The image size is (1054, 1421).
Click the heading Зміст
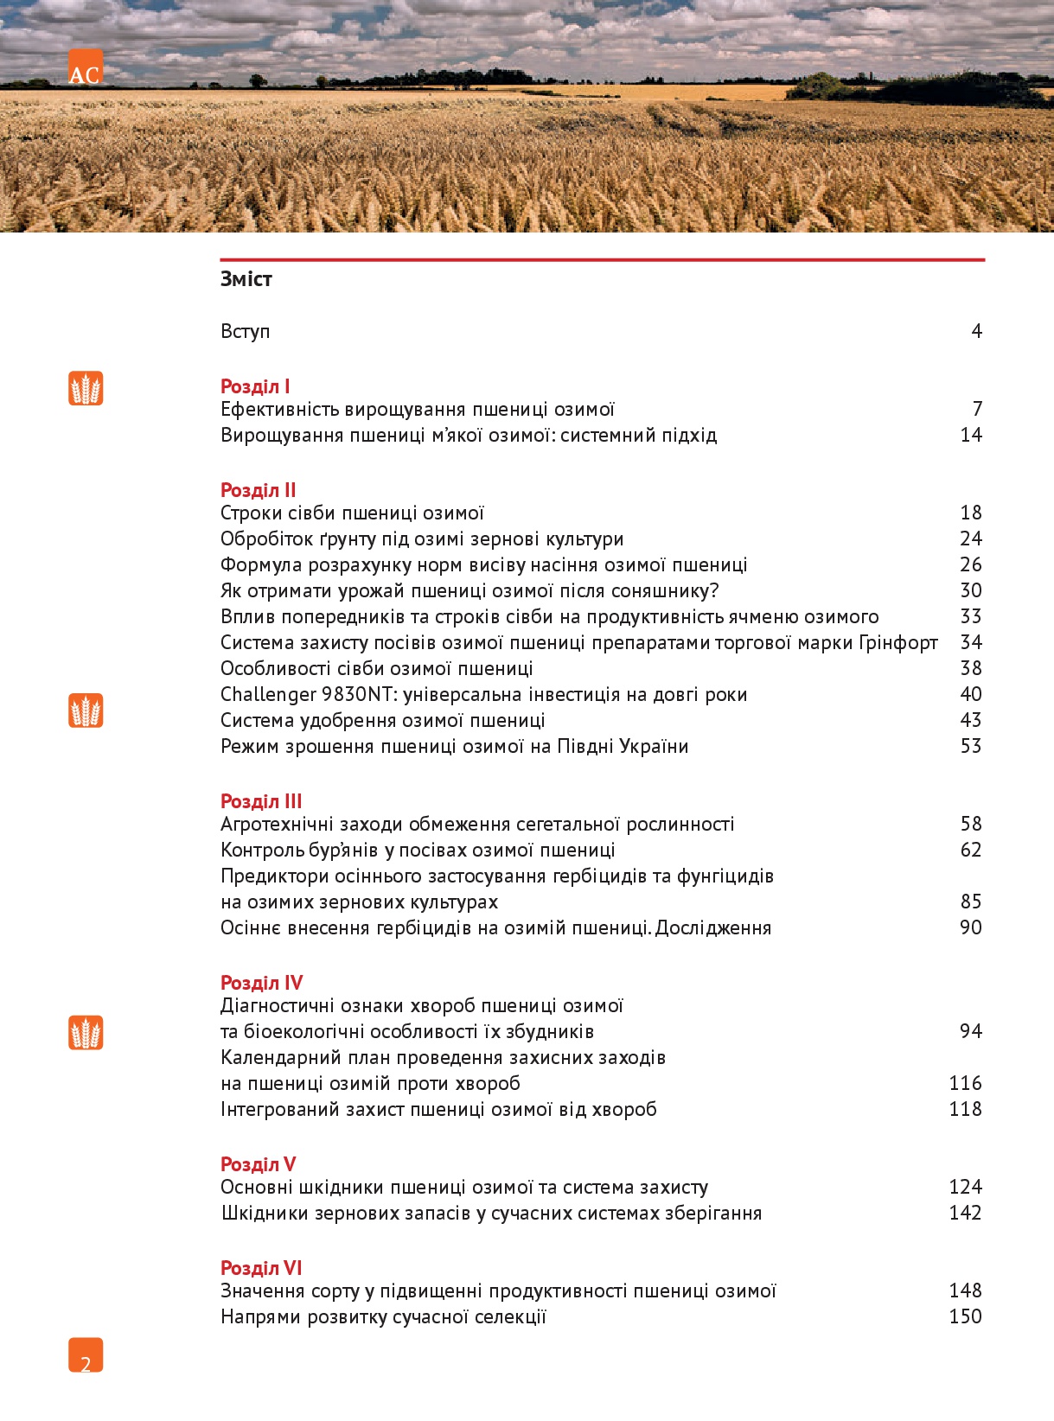(x=246, y=279)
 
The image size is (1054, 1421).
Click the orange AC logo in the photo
(x=85, y=68)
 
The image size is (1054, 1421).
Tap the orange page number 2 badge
(x=86, y=1355)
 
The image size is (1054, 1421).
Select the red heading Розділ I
(x=255, y=386)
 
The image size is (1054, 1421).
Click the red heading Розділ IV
(x=261, y=983)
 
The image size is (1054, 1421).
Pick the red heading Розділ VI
(x=261, y=1268)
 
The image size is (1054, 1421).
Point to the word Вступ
(x=246, y=332)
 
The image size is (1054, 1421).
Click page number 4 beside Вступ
(x=976, y=332)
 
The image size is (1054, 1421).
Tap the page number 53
(x=971, y=746)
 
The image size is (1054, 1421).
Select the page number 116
(x=965, y=1083)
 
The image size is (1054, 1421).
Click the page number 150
(x=965, y=1316)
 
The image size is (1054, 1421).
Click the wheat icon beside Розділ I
(x=86, y=389)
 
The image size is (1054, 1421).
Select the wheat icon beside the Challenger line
(x=86, y=710)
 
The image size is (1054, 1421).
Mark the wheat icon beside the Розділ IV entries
(x=86, y=1033)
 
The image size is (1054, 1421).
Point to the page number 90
(x=971, y=927)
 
